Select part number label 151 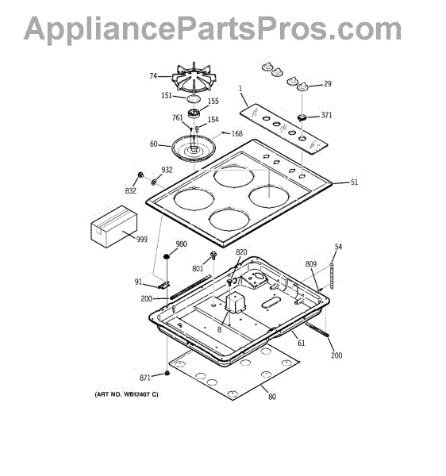click(x=167, y=96)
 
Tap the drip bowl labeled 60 click(x=194, y=149)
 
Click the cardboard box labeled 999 click(x=113, y=226)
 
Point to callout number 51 click(x=354, y=182)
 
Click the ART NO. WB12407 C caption click(x=127, y=394)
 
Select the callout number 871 click(x=144, y=378)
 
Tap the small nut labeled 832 click(x=140, y=175)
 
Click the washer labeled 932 click(x=154, y=182)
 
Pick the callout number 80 click(x=272, y=397)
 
